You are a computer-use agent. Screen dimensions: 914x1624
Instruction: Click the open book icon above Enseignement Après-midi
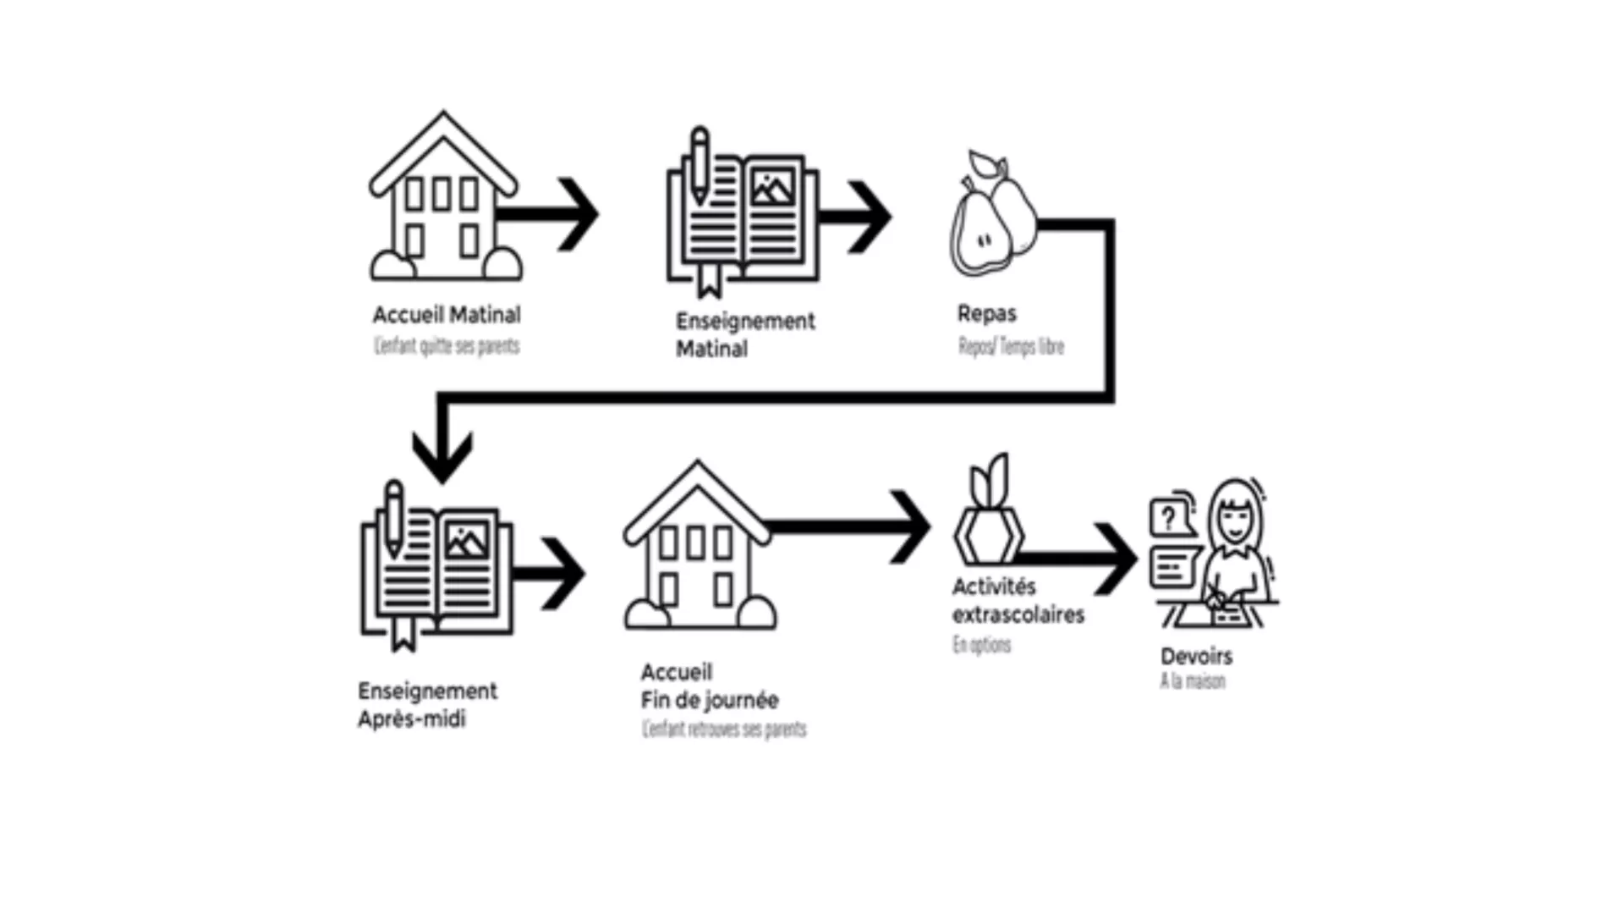(436, 567)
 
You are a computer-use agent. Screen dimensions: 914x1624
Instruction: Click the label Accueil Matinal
(447, 315)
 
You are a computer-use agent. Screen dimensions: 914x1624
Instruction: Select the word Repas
(986, 313)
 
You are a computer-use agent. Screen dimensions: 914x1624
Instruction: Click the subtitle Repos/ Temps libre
(1011, 346)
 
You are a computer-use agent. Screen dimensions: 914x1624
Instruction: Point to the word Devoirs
(1196, 656)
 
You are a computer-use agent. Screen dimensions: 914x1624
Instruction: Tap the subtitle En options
(981, 645)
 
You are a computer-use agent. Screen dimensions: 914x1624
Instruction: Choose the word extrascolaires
(1018, 614)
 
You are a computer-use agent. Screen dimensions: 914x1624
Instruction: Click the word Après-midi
(411, 719)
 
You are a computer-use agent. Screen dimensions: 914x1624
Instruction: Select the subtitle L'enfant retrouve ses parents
(724, 729)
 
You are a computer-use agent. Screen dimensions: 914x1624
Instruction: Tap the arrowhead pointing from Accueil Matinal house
(582, 214)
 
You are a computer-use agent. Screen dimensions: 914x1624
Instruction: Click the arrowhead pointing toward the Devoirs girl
(1120, 559)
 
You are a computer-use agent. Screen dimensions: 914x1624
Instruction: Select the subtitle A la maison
(1192, 681)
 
